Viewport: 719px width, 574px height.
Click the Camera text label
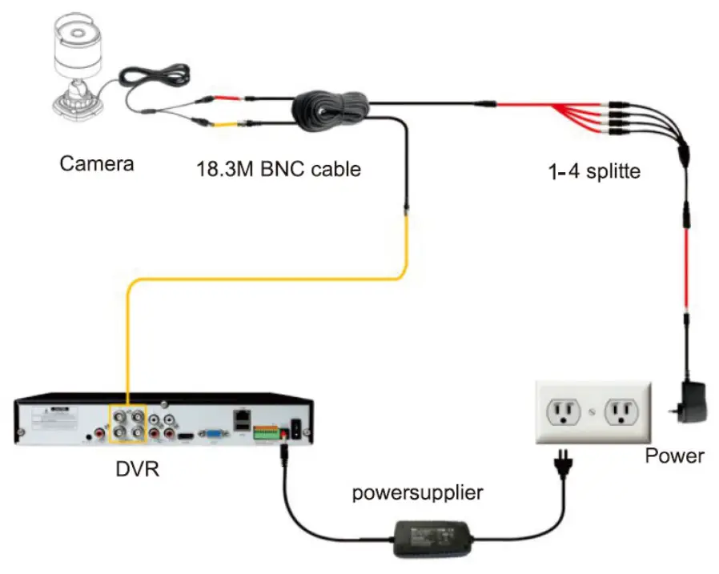pyautogui.click(x=97, y=164)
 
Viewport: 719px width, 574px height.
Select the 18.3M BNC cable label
pyautogui.click(x=279, y=169)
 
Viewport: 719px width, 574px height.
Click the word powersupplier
pyautogui.click(x=418, y=492)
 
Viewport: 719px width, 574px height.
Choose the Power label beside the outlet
pyautogui.click(x=674, y=456)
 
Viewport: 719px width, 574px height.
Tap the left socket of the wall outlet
pyautogui.click(x=561, y=413)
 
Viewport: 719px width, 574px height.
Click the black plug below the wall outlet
pyautogui.click(x=564, y=465)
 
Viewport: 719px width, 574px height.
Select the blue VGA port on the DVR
pyautogui.click(x=214, y=435)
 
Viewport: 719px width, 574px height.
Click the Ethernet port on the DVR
pyautogui.click(x=241, y=417)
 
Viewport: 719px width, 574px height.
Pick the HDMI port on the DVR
pyautogui.click(x=186, y=436)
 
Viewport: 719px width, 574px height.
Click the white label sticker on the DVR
pyautogui.click(x=54, y=419)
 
